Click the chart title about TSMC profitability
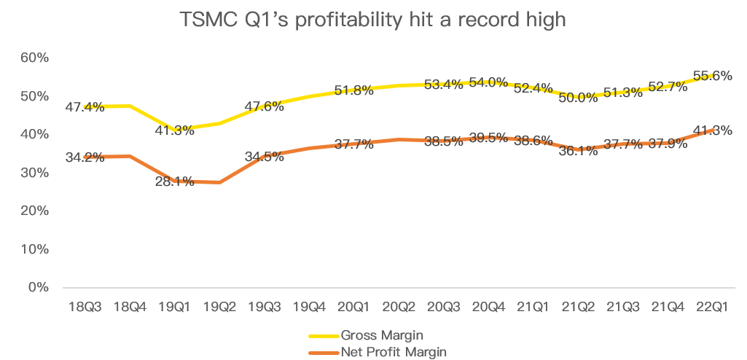373,20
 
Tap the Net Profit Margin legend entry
393,351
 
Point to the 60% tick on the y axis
34,58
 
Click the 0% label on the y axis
38,287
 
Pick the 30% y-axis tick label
34,173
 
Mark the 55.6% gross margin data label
712,75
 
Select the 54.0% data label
488,82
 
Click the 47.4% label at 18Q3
85,107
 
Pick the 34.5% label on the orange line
265,156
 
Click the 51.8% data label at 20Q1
353,90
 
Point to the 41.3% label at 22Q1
712,130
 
